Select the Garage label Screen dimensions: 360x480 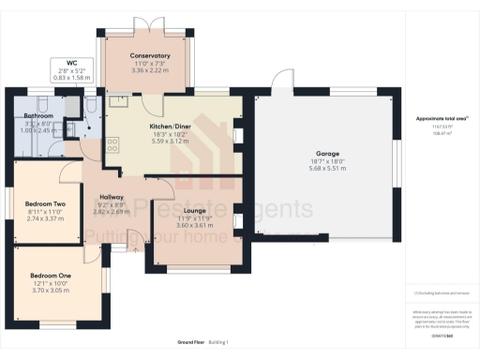[327, 153]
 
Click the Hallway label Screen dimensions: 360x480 [112, 197]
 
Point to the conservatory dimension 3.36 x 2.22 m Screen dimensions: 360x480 [150, 70]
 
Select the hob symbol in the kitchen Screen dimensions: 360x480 [113, 144]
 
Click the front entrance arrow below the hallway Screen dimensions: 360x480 [134, 250]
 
